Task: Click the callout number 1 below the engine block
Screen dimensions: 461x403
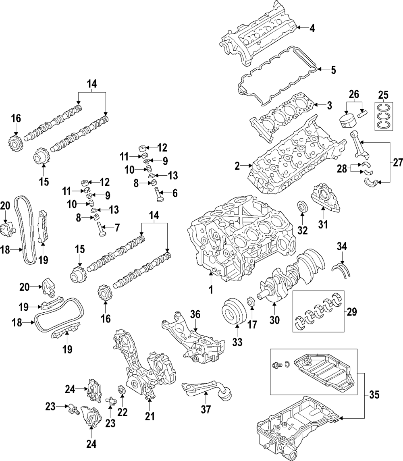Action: pos(210,289)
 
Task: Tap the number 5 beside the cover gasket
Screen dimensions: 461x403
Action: pos(332,70)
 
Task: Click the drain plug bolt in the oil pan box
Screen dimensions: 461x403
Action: pos(276,365)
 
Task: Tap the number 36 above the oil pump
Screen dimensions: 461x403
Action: pos(195,314)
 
